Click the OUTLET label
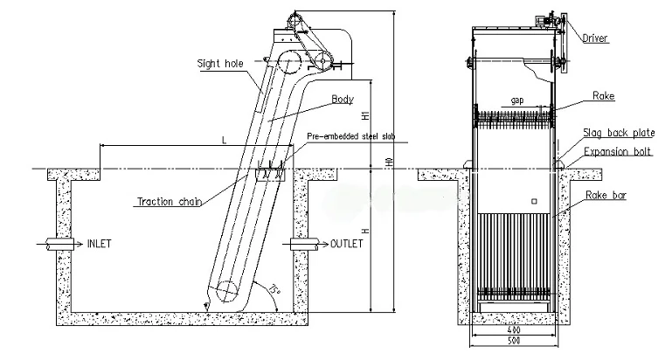coord(347,243)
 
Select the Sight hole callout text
coord(219,62)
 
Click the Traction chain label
coord(169,201)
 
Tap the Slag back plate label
coord(619,134)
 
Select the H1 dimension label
coord(364,114)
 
